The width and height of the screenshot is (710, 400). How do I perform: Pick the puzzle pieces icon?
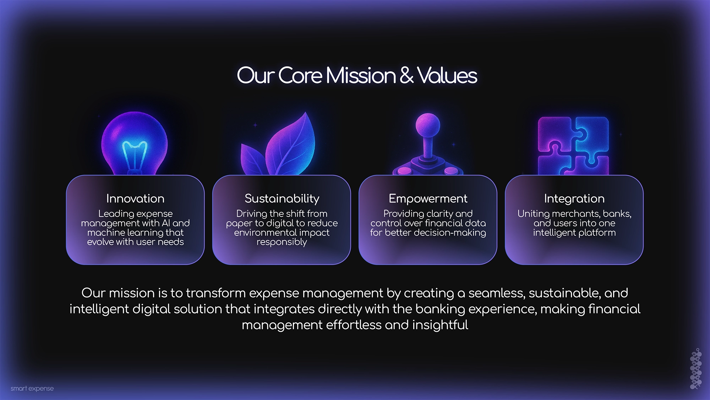coord(573,146)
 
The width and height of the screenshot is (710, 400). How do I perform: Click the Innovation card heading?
coord(135,198)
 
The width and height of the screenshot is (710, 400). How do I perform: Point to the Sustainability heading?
coord(282,199)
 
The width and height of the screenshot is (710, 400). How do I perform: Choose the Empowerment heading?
coord(428,199)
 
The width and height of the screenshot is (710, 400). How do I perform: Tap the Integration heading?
coord(574,199)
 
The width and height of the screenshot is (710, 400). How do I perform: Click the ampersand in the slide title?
coord(406,75)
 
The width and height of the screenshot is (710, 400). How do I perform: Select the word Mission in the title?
coord(361,75)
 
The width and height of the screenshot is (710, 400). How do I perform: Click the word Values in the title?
coord(447,75)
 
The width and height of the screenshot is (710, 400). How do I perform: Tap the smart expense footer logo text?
coord(32,388)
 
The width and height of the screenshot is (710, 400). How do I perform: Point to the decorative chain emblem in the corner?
coord(696,368)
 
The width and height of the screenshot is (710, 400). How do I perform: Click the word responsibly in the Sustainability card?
coord(282,242)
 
